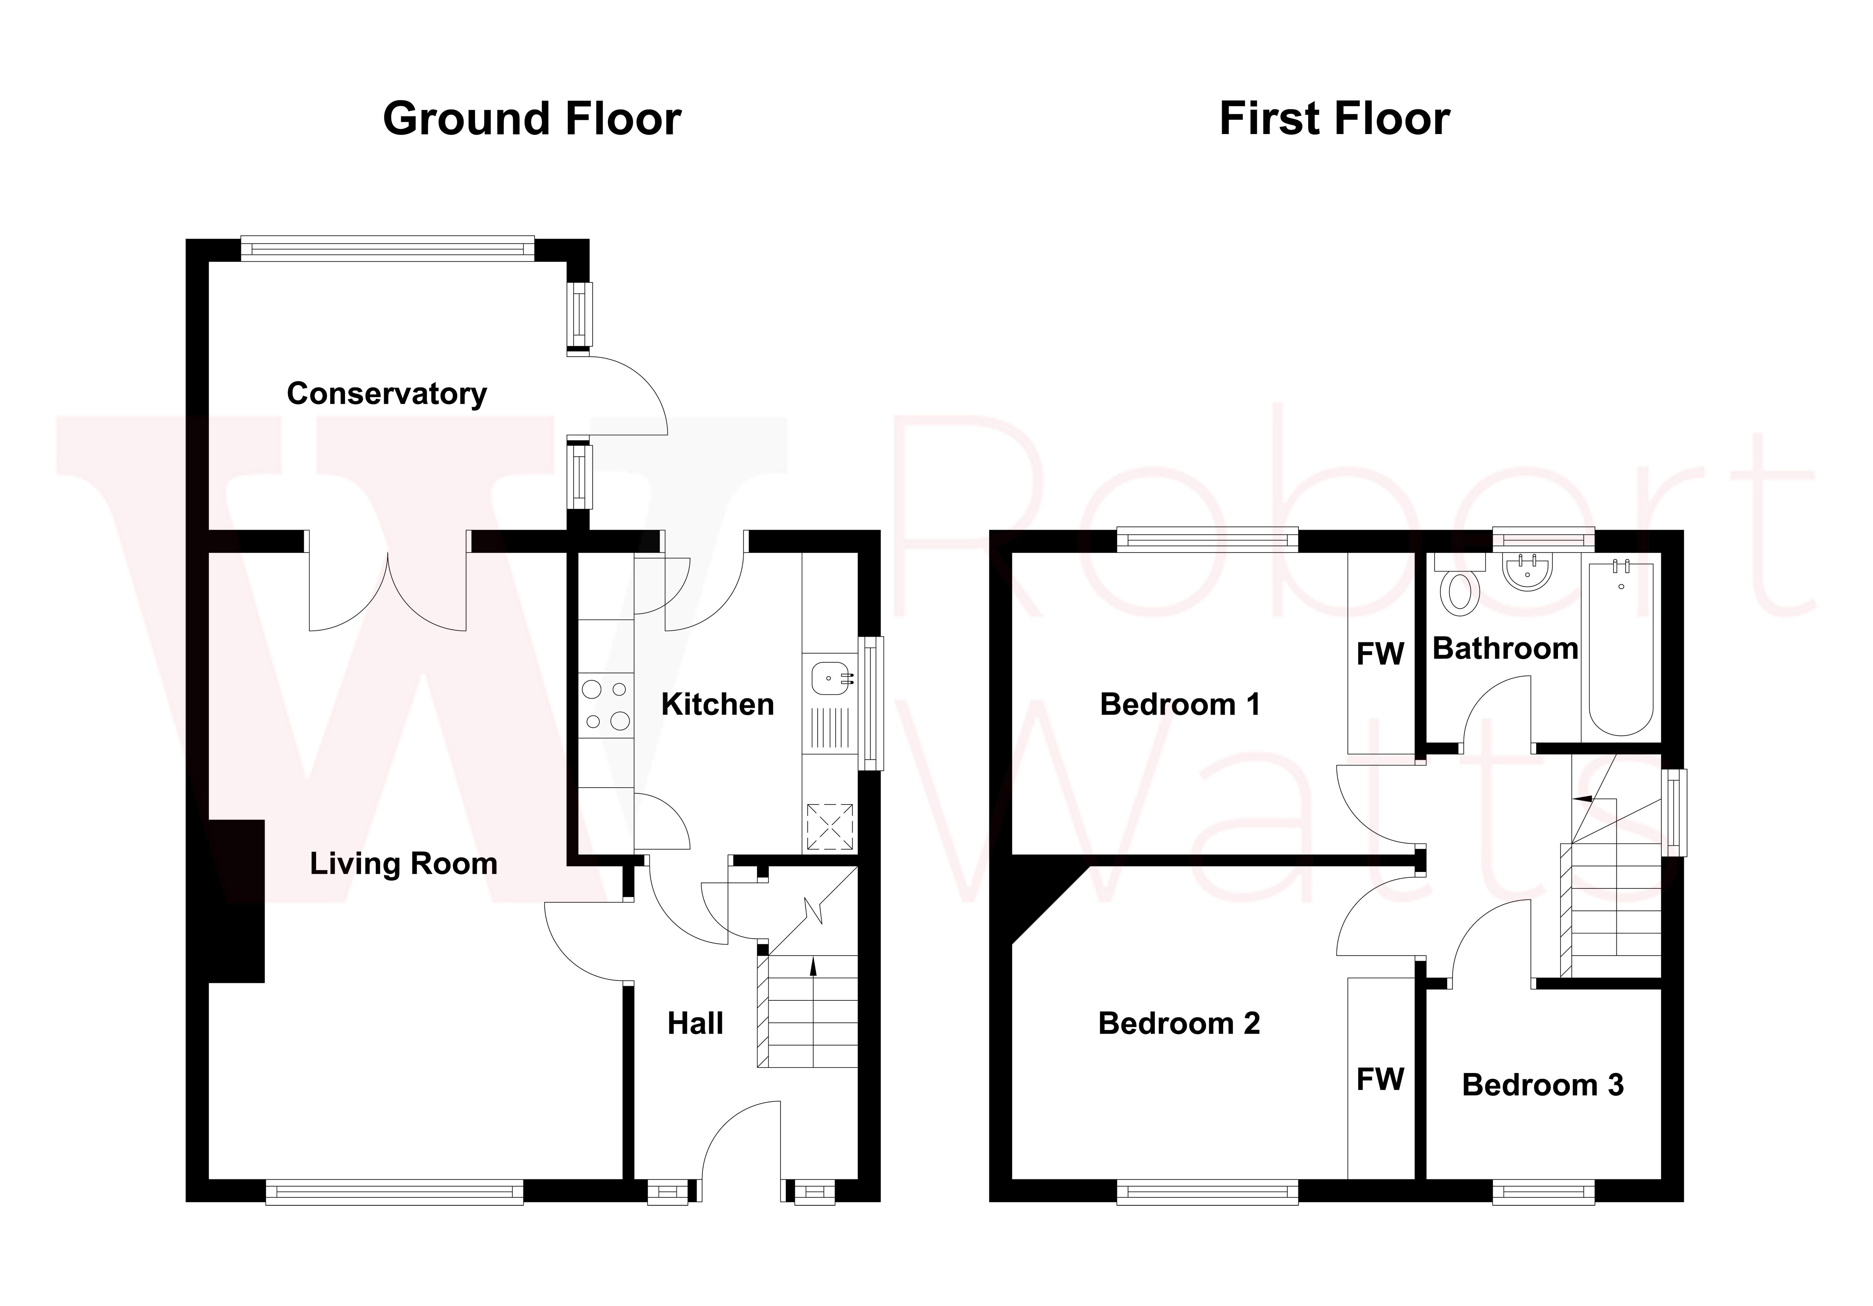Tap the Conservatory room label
click(x=387, y=394)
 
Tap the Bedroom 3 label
click(x=1543, y=1085)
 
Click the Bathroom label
click(x=1505, y=649)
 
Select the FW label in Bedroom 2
click(x=1379, y=1079)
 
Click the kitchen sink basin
click(x=830, y=677)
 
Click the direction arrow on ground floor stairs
click(x=813, y=967)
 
